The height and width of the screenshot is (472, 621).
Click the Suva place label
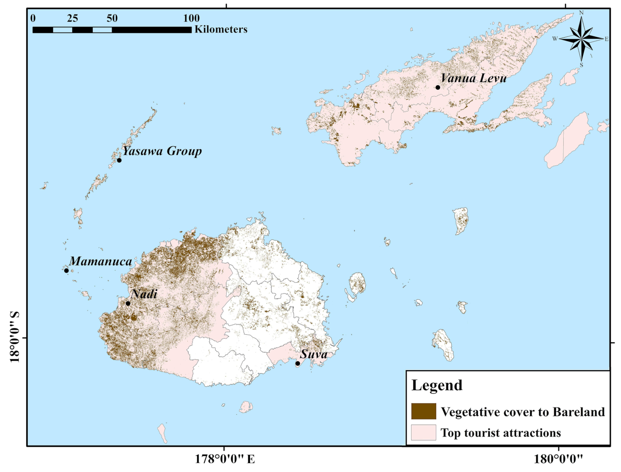[x=313, y=354]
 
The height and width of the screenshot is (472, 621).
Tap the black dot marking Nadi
[x=128, y=304]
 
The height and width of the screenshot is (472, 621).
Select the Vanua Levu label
[x=473, y=78]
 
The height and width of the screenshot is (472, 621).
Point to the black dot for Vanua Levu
[x=438, y=88]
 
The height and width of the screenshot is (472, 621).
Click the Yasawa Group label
[x=162, y=151]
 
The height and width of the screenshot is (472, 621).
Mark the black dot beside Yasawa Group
[x=119, y=160]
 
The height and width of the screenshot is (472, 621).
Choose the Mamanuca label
[x=101, y=261]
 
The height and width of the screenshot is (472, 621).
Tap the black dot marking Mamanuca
[x=66, y=271]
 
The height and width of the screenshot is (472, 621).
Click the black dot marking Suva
[x=298, y=363]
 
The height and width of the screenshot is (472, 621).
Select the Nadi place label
[x=144, y=294]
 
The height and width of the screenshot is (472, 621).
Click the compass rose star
[x=581, y=39]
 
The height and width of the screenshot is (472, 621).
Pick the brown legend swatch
[x=423, y=411]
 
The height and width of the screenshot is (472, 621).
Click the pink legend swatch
[x=423, y=432]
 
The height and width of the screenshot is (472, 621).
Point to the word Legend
[x=437, y=385]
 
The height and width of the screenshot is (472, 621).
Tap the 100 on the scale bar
[x=191, y=18]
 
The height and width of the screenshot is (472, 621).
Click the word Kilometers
[x=221, y=29]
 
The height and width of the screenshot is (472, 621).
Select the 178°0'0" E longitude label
[x=225, y=459]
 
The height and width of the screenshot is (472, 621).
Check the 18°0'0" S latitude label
[x=15, y=337]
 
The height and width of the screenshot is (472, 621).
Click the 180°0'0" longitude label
[x=558, y=459]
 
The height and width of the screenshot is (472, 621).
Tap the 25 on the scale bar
[x=72, y=18]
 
